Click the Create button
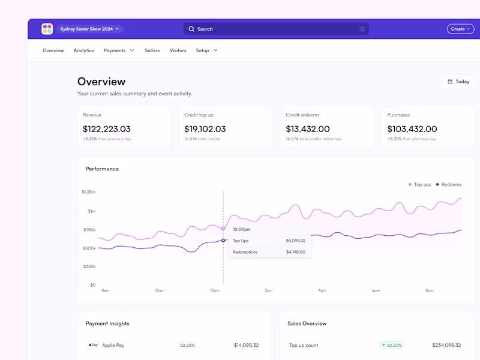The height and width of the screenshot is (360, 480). click(460, 29)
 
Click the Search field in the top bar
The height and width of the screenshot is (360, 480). click(276, 29)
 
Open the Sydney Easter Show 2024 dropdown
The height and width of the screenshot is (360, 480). click(91, 29)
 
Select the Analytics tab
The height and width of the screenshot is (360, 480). click(84, 50)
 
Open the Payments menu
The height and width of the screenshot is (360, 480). click(119, 50)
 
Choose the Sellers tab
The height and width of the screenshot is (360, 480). click(152, 50)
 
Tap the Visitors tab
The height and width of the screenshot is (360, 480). click(178, 50)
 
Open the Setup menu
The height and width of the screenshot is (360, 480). click(206, 50)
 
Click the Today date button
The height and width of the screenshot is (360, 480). click(458, 82)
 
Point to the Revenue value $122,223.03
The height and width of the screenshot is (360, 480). click(107, 129)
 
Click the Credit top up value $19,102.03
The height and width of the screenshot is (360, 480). click(205, 129)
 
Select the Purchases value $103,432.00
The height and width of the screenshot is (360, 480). click(412, 129)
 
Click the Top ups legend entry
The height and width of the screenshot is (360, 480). click(420, 185)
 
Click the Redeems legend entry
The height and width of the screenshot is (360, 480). click(449, 185)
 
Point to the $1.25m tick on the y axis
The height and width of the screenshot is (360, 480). click(89, 192)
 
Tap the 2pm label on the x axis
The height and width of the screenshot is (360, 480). click(268, 290)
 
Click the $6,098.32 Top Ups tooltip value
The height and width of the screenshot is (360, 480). click(295, 241)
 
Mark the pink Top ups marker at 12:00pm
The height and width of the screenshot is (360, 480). click(223, 228)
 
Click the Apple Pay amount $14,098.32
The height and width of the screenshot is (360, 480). click(246, 346)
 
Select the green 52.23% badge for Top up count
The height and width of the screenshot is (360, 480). click(391, 346)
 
